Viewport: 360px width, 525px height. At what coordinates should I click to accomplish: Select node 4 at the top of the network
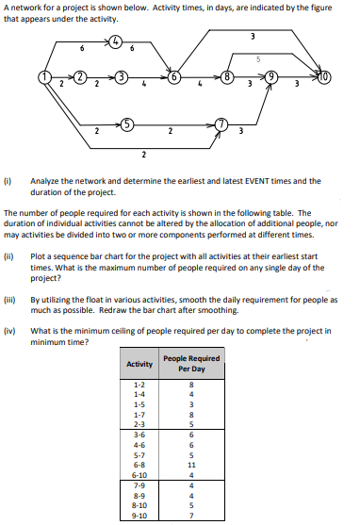click(x=116, y=41)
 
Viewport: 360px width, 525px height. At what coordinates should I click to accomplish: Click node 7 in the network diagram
click(x=220, y=123)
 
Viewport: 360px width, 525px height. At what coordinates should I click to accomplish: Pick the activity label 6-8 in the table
click(x=139, y=464)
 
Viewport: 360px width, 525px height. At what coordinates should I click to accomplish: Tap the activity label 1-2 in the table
click(x=139, y=385)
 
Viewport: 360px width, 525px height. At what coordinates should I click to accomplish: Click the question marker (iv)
click(x=9, y=331)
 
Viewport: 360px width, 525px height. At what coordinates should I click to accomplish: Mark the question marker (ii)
click(x=9, y=255)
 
